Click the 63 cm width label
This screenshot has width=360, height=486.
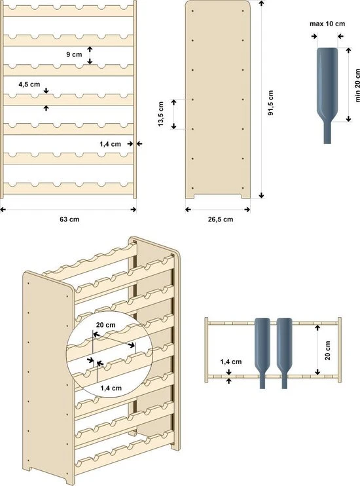pyautogui.click(x=68, y=219)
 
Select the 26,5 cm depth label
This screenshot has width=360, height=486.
pyautogui.click(x=218, y=219)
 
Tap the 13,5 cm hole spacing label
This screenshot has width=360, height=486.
pyautogui.click(x=161, y=115)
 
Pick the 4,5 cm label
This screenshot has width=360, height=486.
pyautogui.click(x=29, y=84)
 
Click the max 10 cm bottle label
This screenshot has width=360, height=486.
pyautogui.click(x=327, y=24)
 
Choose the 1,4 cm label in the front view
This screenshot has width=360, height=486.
pyautogui.click(x=111, y=143)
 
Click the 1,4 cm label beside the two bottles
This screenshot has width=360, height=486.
pyautogui.click(x=231, y=361)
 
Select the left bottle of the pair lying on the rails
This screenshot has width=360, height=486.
pyautogui.click(x=262, y=347)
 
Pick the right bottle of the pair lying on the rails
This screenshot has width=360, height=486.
pyautogui.click(x=284, y=347)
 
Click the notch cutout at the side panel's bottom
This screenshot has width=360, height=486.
pyautogui.click(x=218, y=196)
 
